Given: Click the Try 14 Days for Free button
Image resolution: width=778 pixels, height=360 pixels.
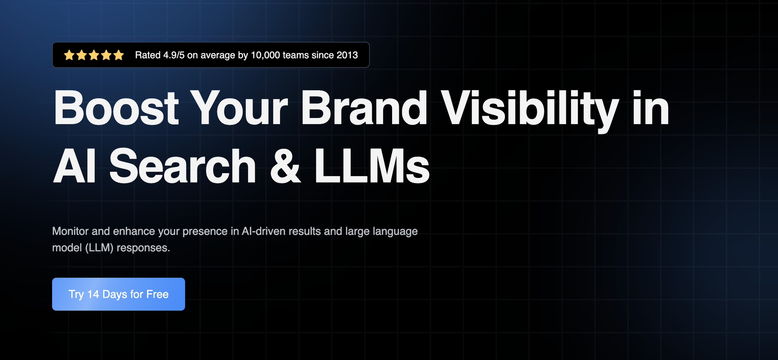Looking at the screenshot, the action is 119,294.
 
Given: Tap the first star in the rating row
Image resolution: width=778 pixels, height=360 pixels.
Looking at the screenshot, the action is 69,55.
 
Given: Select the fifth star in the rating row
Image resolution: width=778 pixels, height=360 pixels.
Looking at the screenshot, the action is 119,55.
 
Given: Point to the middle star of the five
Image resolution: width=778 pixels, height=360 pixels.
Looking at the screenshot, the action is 94,55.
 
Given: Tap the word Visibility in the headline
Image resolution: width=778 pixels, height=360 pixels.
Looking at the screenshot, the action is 530,111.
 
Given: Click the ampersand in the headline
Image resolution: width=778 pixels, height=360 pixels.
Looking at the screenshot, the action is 285,166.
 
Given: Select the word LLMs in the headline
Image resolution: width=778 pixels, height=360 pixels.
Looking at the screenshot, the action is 372,166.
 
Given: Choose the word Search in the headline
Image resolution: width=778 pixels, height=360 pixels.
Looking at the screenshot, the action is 183,166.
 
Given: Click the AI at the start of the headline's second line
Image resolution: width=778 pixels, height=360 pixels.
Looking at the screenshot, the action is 74,166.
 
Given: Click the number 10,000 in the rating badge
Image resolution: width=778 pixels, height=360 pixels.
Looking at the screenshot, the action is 265,55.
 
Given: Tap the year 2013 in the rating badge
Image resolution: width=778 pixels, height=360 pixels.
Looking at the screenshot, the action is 347,55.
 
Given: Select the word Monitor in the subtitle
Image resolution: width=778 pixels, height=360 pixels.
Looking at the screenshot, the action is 70,231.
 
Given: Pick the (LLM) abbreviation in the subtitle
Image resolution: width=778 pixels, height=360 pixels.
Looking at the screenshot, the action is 99,248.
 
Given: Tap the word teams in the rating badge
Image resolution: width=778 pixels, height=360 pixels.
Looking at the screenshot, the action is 296,55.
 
